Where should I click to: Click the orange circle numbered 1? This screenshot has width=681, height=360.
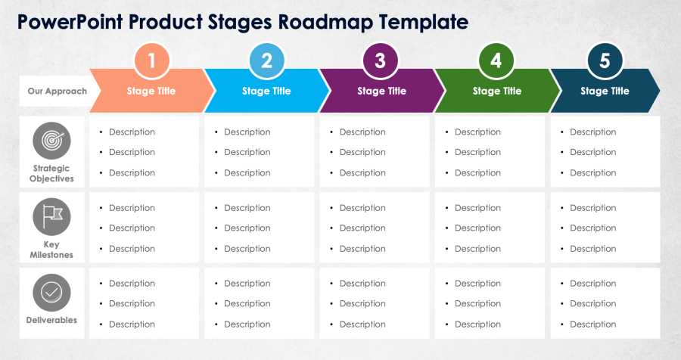[x=151, y=61]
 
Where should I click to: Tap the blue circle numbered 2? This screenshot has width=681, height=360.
[x=266, y=61]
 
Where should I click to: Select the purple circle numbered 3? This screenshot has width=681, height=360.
[x=381, y=61]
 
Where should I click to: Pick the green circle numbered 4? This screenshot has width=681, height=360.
[x=496, y=61]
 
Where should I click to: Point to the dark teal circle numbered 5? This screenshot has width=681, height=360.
[x=604, y=61]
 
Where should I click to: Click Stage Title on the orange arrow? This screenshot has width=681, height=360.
[x=151, y=92]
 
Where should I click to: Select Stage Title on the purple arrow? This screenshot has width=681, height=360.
[x=381, y=92]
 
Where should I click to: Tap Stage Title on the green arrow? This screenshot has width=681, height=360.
[x=496, y=92]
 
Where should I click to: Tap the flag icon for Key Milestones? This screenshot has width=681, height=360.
[x=51, y=217]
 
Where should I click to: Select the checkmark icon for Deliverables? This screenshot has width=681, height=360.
[x=51, y=292]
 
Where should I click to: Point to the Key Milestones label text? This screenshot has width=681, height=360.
[x=51, y=250]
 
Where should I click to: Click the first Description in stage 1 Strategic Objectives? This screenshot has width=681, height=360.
[x=132, y=132]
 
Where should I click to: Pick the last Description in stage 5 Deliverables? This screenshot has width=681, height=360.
[x=592, y=324]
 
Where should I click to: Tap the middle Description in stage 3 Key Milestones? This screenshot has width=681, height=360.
[x=362, y=228]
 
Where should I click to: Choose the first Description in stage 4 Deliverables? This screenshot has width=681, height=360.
[x=477, y=284]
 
